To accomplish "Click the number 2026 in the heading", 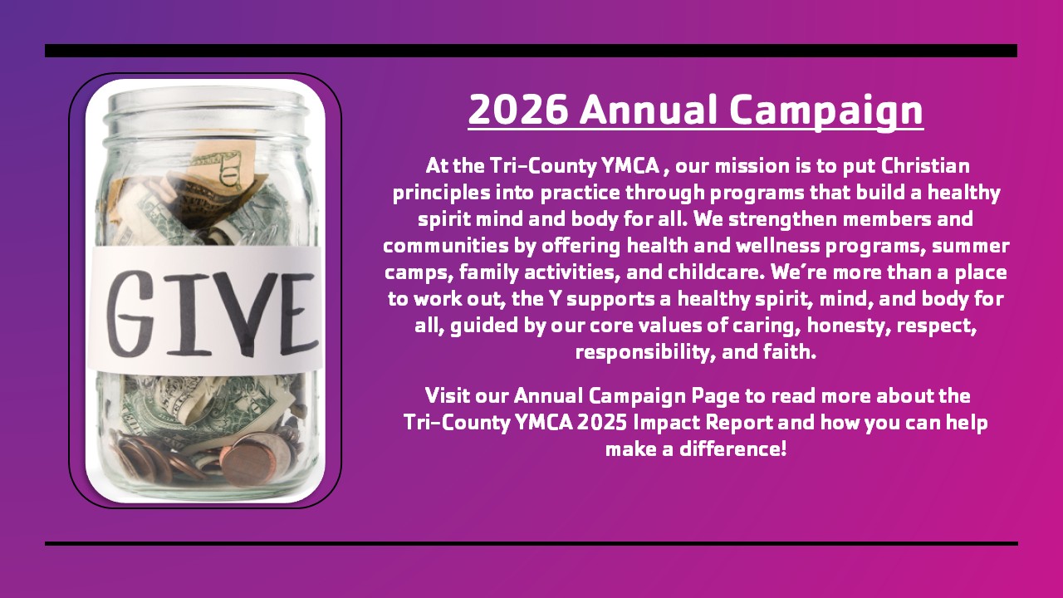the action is (518, 110).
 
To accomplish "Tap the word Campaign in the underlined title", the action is (826, 112).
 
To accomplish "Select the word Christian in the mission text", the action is (925, 166).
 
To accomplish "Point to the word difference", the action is (733, 449).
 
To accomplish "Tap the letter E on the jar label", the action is (298, 314).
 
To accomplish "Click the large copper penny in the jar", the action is (250, 460).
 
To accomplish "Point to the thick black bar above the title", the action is (531, 51).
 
